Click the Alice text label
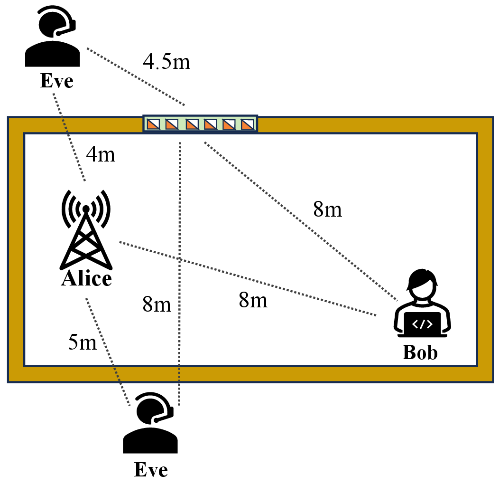pos(86,278)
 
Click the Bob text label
pos(420,352)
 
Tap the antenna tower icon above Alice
pos(86,233)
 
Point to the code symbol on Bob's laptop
pos(422,324)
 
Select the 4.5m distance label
pos(166,62)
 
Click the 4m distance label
pos(100,154)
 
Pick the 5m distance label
pos(82,342)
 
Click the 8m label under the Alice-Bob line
pos(253,300)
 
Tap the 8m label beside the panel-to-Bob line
pos(327,209)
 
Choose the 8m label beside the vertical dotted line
pos(157,304)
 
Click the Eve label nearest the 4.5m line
pos(56,81)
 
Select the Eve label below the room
pos(151,470)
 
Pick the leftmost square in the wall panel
pos(153,124)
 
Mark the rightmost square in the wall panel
pos(248,124)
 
